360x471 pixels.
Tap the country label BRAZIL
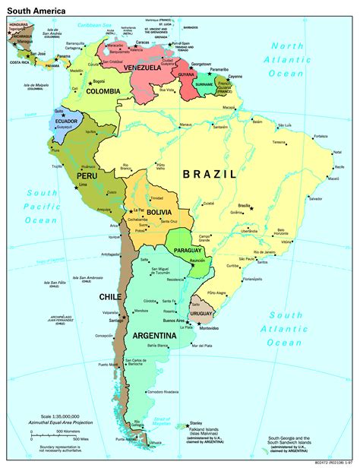point(210,174)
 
